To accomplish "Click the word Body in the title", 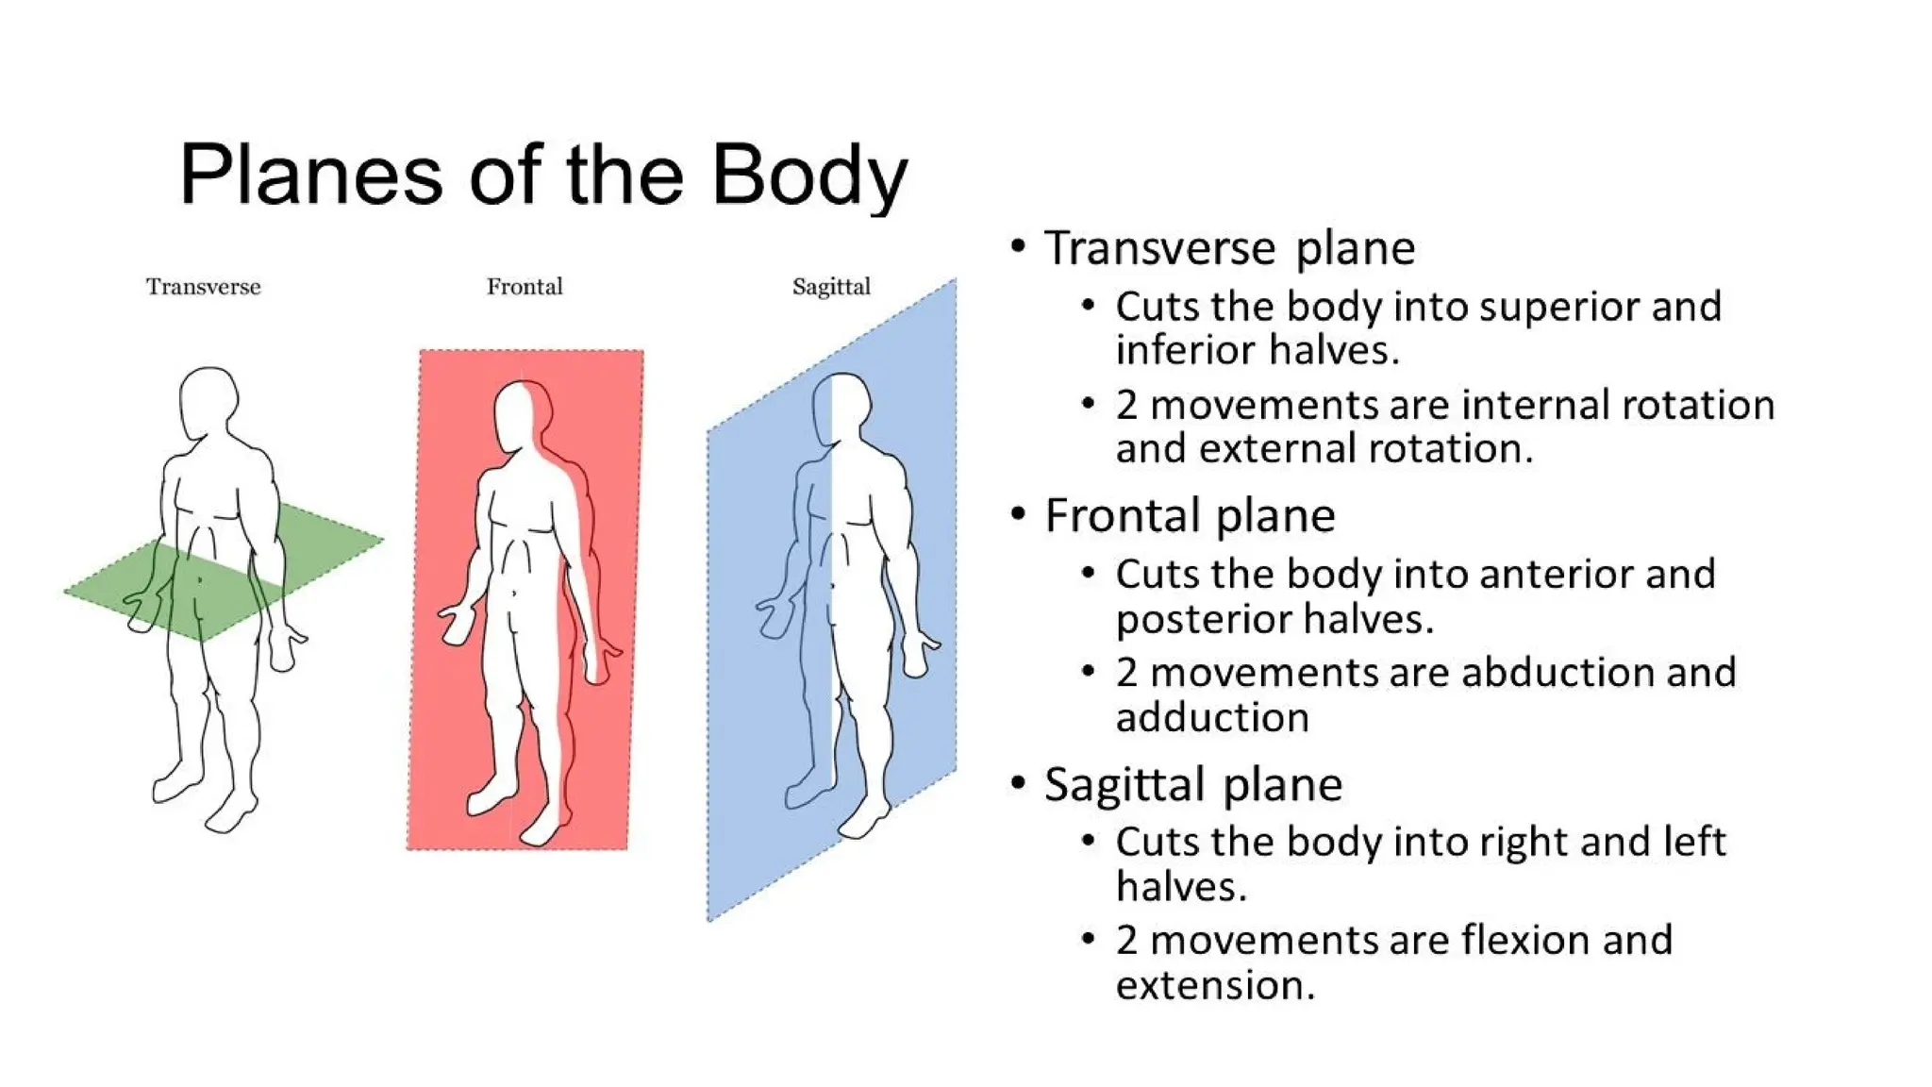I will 808,176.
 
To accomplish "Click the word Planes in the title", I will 310,176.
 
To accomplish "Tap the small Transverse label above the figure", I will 203,287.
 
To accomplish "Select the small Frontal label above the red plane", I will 525,287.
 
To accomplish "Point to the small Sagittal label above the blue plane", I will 831,287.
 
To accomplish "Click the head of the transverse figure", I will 208,400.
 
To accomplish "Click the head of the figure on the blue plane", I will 840,408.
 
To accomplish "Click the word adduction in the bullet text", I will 1212,718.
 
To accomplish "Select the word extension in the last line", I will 1214,986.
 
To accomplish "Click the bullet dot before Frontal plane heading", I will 1018,514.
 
